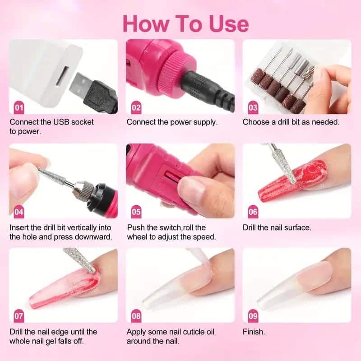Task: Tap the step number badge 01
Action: (19, 108)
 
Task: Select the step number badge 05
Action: (136, 212)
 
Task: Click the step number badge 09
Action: (253, 316)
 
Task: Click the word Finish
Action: (254, 332)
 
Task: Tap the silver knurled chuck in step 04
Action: (83, 189)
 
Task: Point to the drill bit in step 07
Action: (80, 260)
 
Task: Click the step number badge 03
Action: (253, 108)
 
